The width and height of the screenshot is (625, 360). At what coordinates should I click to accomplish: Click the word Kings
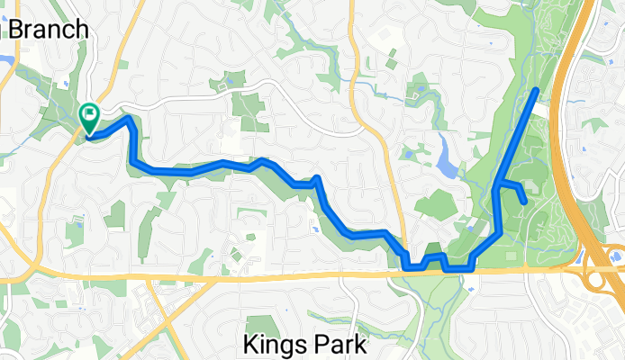(274, 344)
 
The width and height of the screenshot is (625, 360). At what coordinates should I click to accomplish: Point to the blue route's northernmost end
(537, 90)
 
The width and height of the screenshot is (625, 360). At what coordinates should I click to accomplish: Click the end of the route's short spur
(524, 202)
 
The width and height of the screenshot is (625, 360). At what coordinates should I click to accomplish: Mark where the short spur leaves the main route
(498, 185)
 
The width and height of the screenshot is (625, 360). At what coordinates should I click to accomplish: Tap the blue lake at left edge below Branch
(5, 61)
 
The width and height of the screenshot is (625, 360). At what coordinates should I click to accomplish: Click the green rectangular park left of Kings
(261, 327)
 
